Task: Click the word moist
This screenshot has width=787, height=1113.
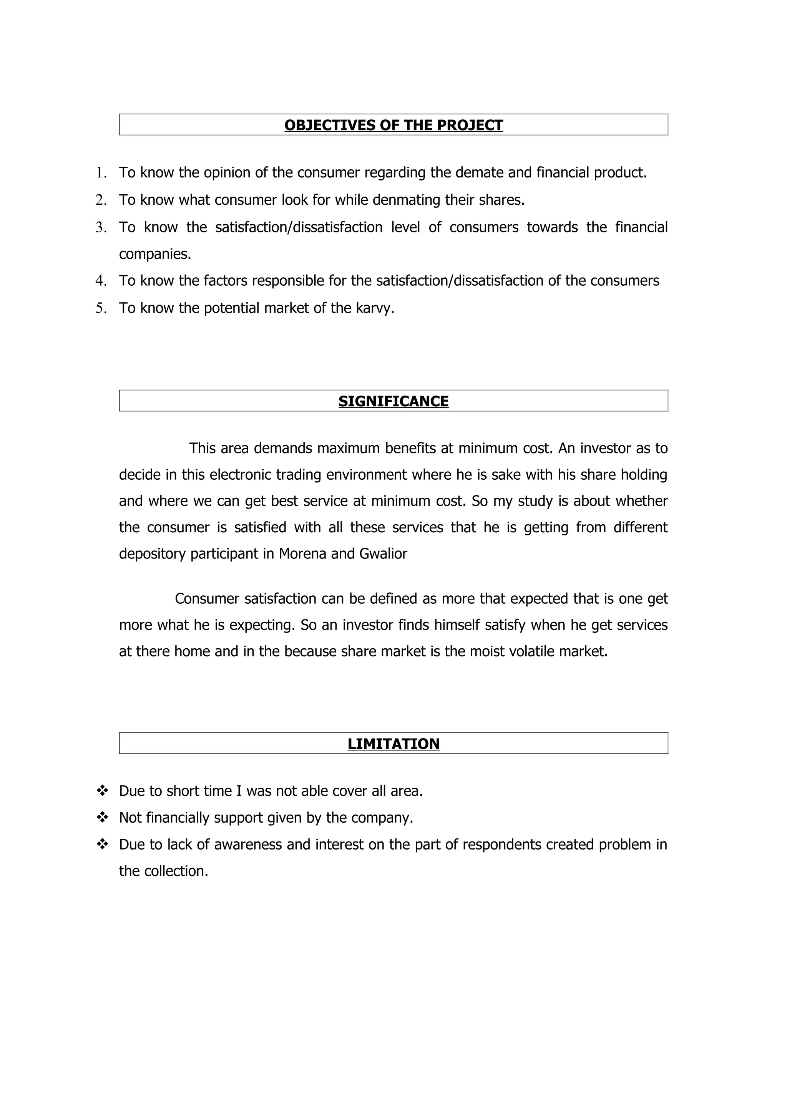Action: pyautogui.click(x=487, y=651)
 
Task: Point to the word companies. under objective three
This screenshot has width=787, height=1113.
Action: pyautogui.click(x=155, y=254)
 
